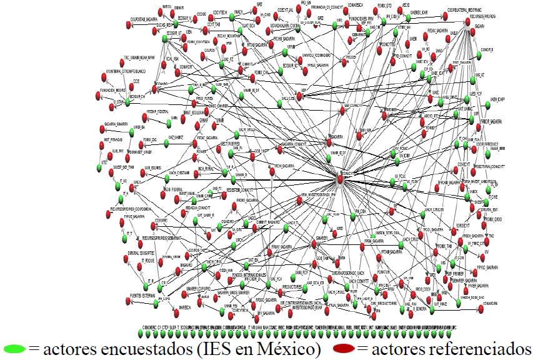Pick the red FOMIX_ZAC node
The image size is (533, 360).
tap(150, 144)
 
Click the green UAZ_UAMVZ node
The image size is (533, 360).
tap(166, 144)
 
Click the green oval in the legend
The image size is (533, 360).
tap(14, 347)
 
